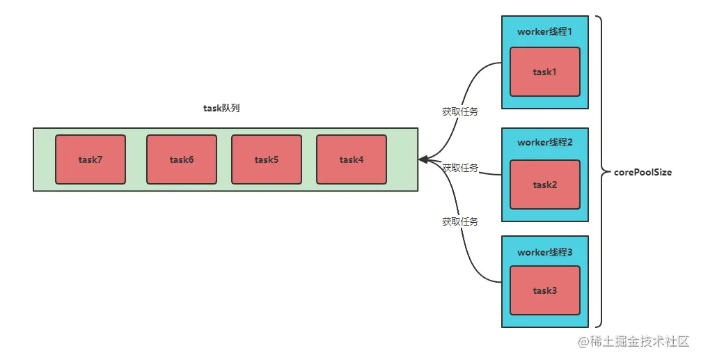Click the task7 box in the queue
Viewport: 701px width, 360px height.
(90, 159)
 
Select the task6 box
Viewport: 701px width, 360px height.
(182, 159)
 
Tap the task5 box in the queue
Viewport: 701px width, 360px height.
(267, 159)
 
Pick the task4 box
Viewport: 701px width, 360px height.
(352, 159)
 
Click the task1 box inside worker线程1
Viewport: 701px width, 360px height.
(545, 72)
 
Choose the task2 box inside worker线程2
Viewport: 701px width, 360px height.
(545, 185)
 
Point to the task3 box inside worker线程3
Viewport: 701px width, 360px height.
(545, 290)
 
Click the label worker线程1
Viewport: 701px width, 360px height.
(545, 31)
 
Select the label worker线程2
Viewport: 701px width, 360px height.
(545, 142)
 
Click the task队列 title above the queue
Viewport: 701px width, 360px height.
(221, 108)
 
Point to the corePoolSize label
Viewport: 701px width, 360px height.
(643, 172)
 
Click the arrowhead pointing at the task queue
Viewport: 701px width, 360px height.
(423, 159)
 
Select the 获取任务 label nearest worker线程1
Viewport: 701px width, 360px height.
(460, 111)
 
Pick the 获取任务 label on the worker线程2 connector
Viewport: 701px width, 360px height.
(460, 168)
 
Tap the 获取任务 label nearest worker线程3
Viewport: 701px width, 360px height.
(460, 221)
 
